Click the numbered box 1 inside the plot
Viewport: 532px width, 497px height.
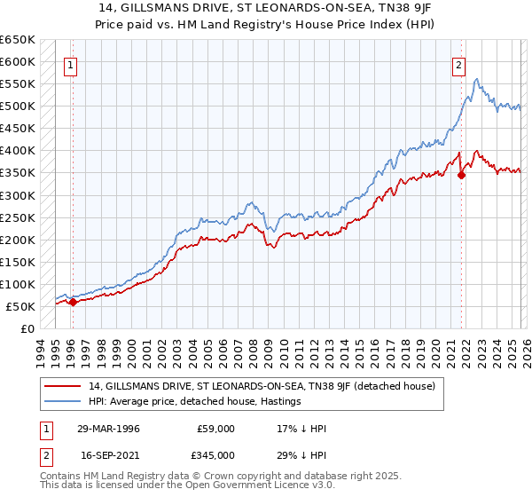[69, 64]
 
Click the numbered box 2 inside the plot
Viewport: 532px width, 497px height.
[458, 64]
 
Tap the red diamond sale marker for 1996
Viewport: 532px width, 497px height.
[72, 302]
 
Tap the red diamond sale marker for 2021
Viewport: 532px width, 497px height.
[461, 175]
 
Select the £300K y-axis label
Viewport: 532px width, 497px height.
[19, 195]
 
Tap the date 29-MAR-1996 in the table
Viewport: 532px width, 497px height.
[108, 429]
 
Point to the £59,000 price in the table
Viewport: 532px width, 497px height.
[215, 429]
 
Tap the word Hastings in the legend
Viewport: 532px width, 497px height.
[279, 401]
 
